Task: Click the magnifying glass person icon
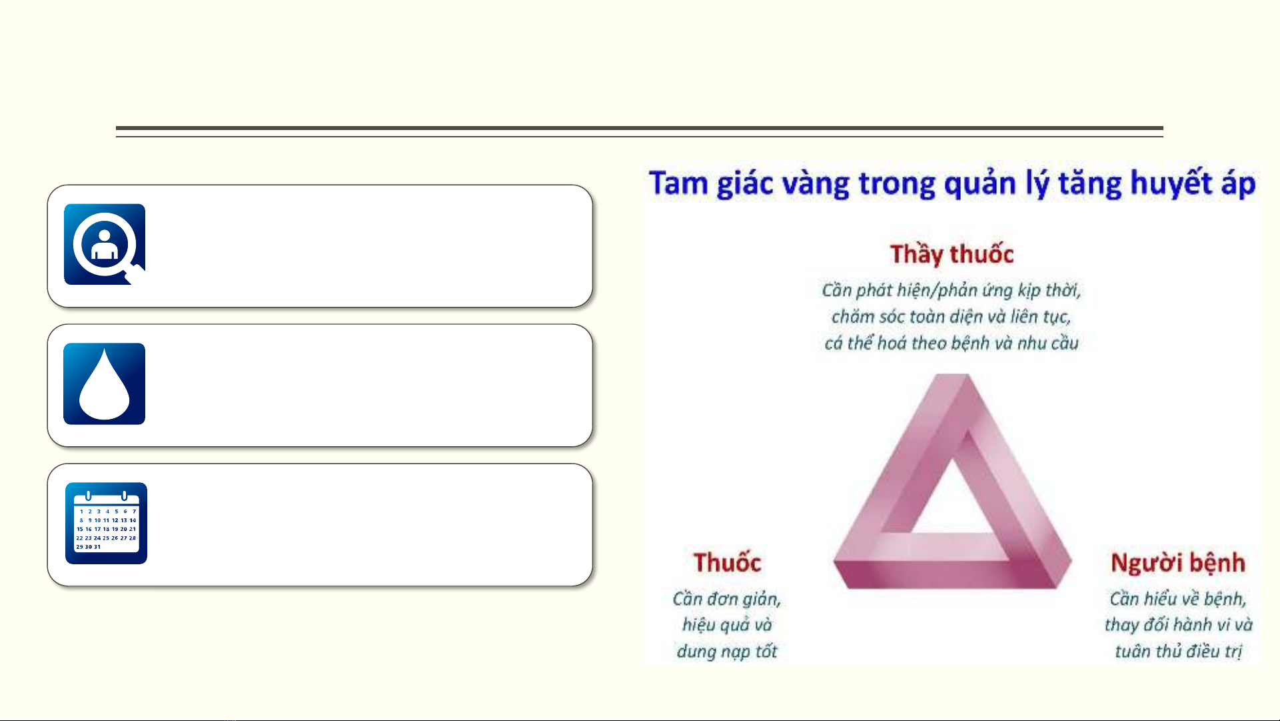(105, 244)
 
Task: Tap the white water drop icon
(104, 385)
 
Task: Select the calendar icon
(106, 523)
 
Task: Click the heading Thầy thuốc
(952, 254)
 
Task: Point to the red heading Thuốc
(727, 562)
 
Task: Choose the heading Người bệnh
(1178, 563)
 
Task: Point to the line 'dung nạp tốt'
(727, 651)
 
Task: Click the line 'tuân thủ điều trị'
(1178, 651)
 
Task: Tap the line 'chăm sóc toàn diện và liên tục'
(951, 316)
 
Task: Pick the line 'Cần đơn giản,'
(727, 599)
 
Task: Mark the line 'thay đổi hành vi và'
(1178, 625)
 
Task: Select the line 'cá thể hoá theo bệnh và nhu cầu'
(951, 343)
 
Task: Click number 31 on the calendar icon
(97, 547)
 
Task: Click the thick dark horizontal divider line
(640, 128)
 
